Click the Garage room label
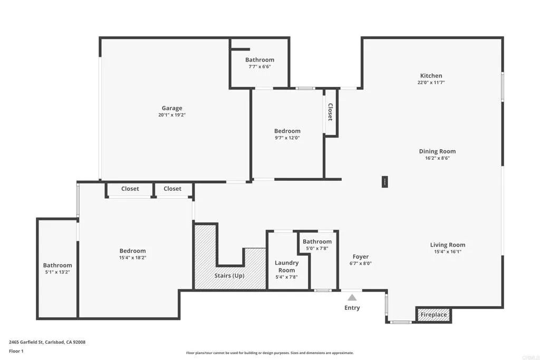pyautogui.click(x=172, y=108)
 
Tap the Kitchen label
pyautogui.click(x=431, y=75)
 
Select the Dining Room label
pyautogui.click(x=437, y=151)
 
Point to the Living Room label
pyautogui.click(x=448, y=245)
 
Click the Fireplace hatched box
pyautogui.click(x=433, y=315)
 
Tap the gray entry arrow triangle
pyautogui.click(x=352, y=298)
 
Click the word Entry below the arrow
pyautogui.click(x=352, y=308)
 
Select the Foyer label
pyautogui.click(x=361, y=257)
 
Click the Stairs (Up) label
pyautogui.click(x=229, y=275)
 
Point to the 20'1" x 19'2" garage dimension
pyautogui.click(x=172, y=115)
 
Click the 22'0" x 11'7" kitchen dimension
pyautogui.click(x=431, y=82)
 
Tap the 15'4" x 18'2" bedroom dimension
pyautogui.click(x=132, y=258)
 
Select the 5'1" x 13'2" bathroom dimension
pyautogui.click(x=57, y=272)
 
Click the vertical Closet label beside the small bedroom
pyautogui.click(x=330, y=112)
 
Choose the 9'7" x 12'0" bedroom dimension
pyautogui.click(x=287, y=138)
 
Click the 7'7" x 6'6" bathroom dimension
pyautogui.click(x=259, y=67)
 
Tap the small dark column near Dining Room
pyautogui.click(x=385, y=182)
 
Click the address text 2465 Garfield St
pyautogui.click(x=47, y=342)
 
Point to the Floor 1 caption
pyautogui.click(x=16, y=351)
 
